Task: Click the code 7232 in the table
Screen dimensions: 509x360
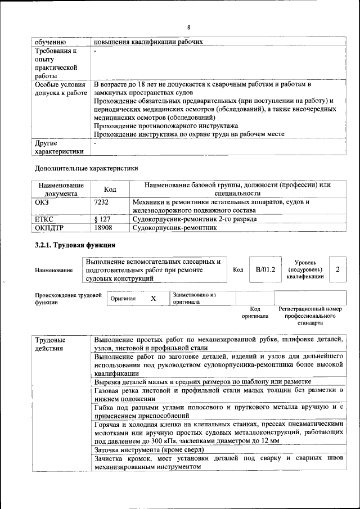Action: (x=101, y=201)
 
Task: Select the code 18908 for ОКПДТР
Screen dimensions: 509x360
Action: (x=103, y=228)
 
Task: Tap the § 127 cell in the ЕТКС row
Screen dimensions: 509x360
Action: (x=102, y=219)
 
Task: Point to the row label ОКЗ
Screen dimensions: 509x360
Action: (x=42, y=201)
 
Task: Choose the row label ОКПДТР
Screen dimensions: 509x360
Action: (x=49, y=228)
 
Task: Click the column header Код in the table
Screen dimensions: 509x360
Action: (x=110, y=190)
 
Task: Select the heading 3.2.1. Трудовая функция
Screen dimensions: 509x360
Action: (x=75, y=245)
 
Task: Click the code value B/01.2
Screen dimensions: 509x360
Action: (x=265, y=269)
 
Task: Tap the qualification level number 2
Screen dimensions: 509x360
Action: (x=337, y=269)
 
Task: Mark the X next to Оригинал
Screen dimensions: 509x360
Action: (x=153, y=298)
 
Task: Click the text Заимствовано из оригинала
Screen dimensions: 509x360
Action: (x=194, y=298)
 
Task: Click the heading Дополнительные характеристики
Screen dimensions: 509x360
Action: (x=86, y=168)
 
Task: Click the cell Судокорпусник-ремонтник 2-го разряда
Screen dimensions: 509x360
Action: (x=194, y=219)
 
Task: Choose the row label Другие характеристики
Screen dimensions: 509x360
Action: (x=59, y=147)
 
